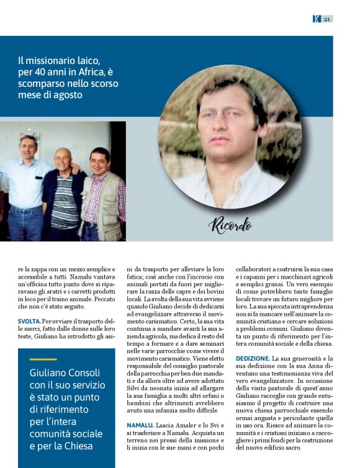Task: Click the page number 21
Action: [326, 19]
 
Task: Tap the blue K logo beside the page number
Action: [317, 19]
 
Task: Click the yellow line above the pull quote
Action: [43, 359]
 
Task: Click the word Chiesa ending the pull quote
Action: [76, 446]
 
